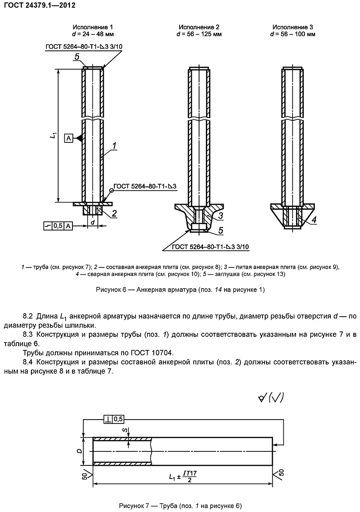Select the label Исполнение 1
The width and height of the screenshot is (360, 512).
pyautogui.click(x=93, y=27)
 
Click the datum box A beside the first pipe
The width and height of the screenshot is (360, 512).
pyautogui.click(x=68, y=137)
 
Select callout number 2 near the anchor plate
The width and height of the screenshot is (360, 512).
pyautogui.click(x=114, y=213)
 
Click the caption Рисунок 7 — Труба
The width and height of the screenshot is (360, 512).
pyautogui.click(x=180, y=506)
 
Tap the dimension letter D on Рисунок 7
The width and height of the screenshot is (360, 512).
pyautogui.click(x=79, y=451)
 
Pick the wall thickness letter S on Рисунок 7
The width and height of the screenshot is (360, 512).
pyautogui.click(x=123, y=430)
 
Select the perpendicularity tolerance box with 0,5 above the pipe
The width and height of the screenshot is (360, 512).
pyautogui.click(x=113, y=419)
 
